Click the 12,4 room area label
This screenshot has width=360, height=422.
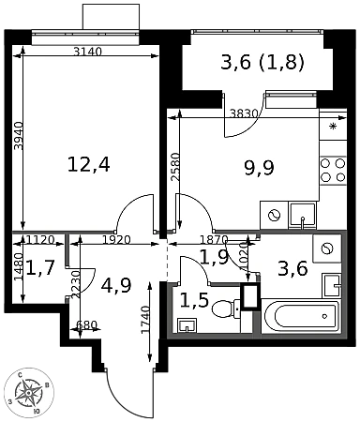pyautogui.click(x=89, y=165)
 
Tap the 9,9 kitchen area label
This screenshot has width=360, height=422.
pyautogui.click(x=259, y=168)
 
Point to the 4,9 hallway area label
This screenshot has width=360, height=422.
pyautogui.click(x=117, y=285)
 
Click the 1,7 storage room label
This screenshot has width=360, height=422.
pyautogui.click(x=40, y=268)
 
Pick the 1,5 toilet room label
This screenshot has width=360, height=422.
pyautogui.click(x=194, y=301)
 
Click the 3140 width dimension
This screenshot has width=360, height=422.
pyautogui.click(x=88, y=52)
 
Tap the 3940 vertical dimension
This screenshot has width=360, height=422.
pyautogui.click(x=20, y=136)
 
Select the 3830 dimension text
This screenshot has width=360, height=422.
pyautogui.click(x=244, y=113)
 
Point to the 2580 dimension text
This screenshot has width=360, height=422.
pyautogui.click(x=175, y=167)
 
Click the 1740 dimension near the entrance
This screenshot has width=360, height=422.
pyautogui.click(x=145, y=320)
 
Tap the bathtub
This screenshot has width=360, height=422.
pyautogui.click(x=301, y=317)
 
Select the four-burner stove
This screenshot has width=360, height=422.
pyautogui.click(x=333, y=171)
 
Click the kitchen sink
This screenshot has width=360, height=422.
pyautogui.click(x=303, y=214)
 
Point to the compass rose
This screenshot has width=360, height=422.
pyautogui.click(x=29, y=392)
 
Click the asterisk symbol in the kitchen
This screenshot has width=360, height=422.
pyautogui.click(x=333, y=127)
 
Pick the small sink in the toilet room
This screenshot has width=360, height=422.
pyautogui.click(x=187, y=325)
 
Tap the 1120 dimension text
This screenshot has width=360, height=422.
pyautogui.click(x=40, y=240)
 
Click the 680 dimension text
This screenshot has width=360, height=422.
pyautogui.click(x=86, y=325)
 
